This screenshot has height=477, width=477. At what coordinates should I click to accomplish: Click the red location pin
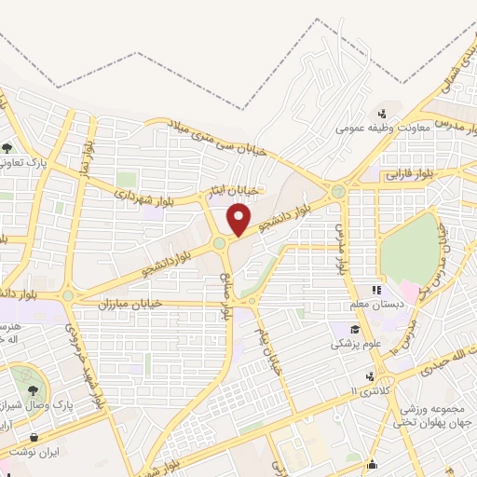(240, 220)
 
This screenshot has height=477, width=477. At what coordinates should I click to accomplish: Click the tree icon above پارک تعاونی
(7, 147)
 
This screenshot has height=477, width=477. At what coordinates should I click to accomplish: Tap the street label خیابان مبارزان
(130, 304)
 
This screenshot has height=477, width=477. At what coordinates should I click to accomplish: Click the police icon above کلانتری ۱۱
(370, 376)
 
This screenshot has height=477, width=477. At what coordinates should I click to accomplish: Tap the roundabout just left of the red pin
(220, 244)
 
